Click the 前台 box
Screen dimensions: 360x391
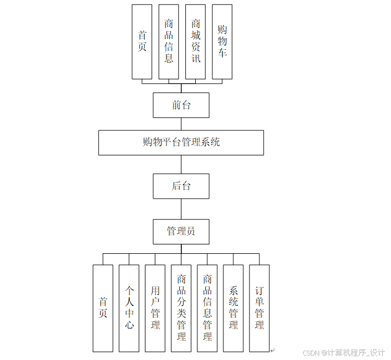(181, 105)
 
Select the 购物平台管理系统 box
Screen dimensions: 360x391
(181, 142)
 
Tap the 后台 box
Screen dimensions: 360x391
(181, 186)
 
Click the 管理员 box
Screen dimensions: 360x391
(181, 231)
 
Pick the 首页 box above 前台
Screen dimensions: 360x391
(142, 41)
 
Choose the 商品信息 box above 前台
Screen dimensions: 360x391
(169, 41)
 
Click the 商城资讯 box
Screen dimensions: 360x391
(195, 41)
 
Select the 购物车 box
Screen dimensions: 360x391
(222, 41)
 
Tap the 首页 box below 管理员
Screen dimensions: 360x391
(103, 308)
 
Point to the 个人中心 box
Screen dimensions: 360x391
(129, 308)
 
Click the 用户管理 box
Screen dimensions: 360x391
(155, 308)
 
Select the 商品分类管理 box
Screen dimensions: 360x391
(181, 308)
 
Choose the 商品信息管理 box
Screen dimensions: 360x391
(207, 308)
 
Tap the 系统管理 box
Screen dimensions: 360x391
(233, 308)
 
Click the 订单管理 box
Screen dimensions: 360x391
(259, 308)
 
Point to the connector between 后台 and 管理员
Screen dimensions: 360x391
(181, 208)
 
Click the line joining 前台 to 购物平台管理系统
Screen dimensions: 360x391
(181, 124)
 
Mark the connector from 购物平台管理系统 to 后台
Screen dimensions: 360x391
(181, 164)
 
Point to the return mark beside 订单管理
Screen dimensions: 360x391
(272, 349)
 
